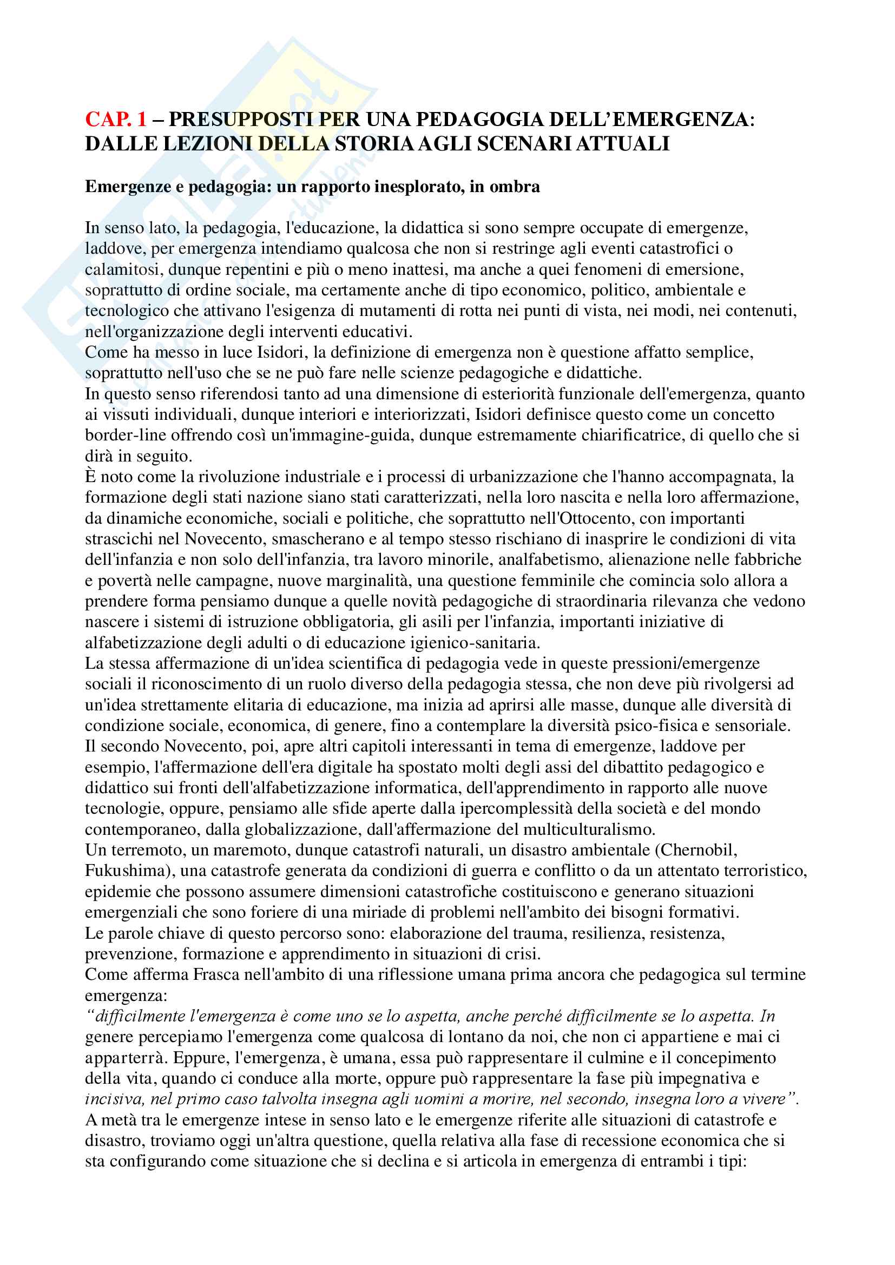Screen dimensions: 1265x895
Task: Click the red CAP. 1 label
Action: click(116, 119)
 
